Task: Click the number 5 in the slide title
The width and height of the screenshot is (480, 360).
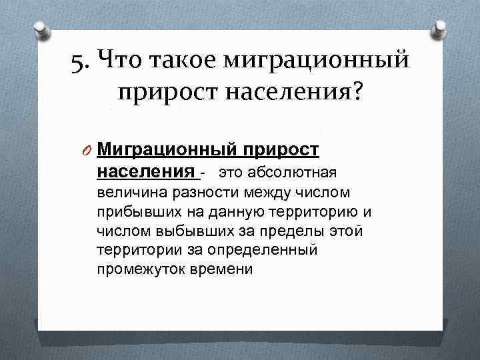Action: point(78,62)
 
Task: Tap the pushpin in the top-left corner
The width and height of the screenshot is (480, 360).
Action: point(41,27)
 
